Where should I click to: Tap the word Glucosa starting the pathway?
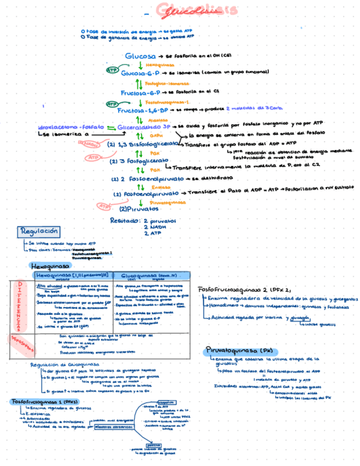click(x=141, y=56)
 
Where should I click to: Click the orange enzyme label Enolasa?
click(x=159, y=187)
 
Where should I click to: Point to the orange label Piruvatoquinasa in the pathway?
click(x=167, y=202)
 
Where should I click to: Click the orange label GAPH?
click(x=156, y=135)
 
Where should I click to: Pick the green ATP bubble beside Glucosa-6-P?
click(x=112, y=70)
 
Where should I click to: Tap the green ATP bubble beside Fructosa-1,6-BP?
click(x=112, y=103)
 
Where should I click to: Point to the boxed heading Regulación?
click(x=39, y=231)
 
